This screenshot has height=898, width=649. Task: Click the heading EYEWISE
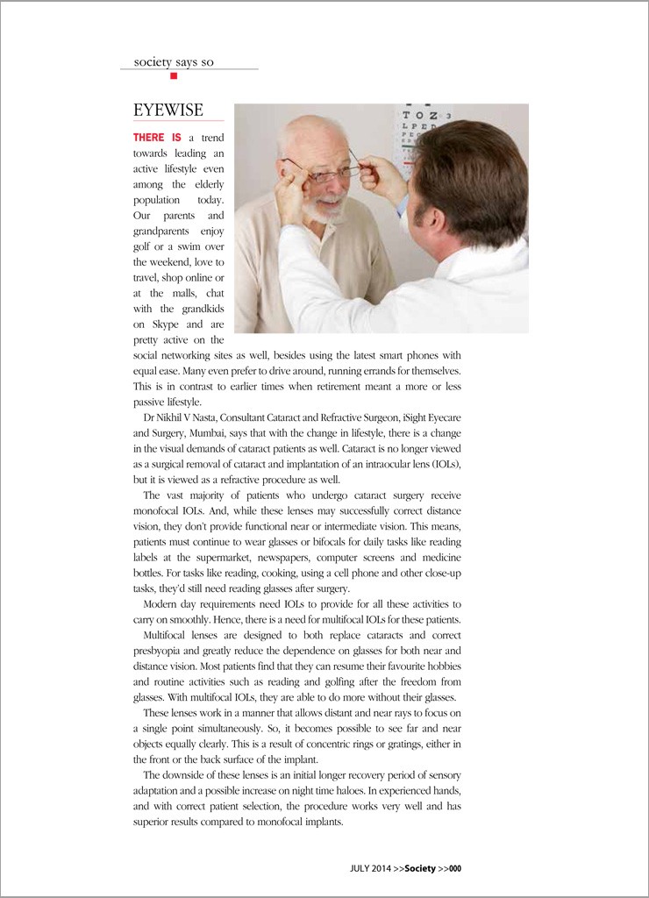(x=168, y=110)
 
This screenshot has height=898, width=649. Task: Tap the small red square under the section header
(x=174, y=76)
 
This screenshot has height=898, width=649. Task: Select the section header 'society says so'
(x=172, y=61)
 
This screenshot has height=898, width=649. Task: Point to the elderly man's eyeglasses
(x=319, y=172)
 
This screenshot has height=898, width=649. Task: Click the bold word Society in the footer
(x=420, y=868)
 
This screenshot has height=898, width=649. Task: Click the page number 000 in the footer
(x=454, y=868)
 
